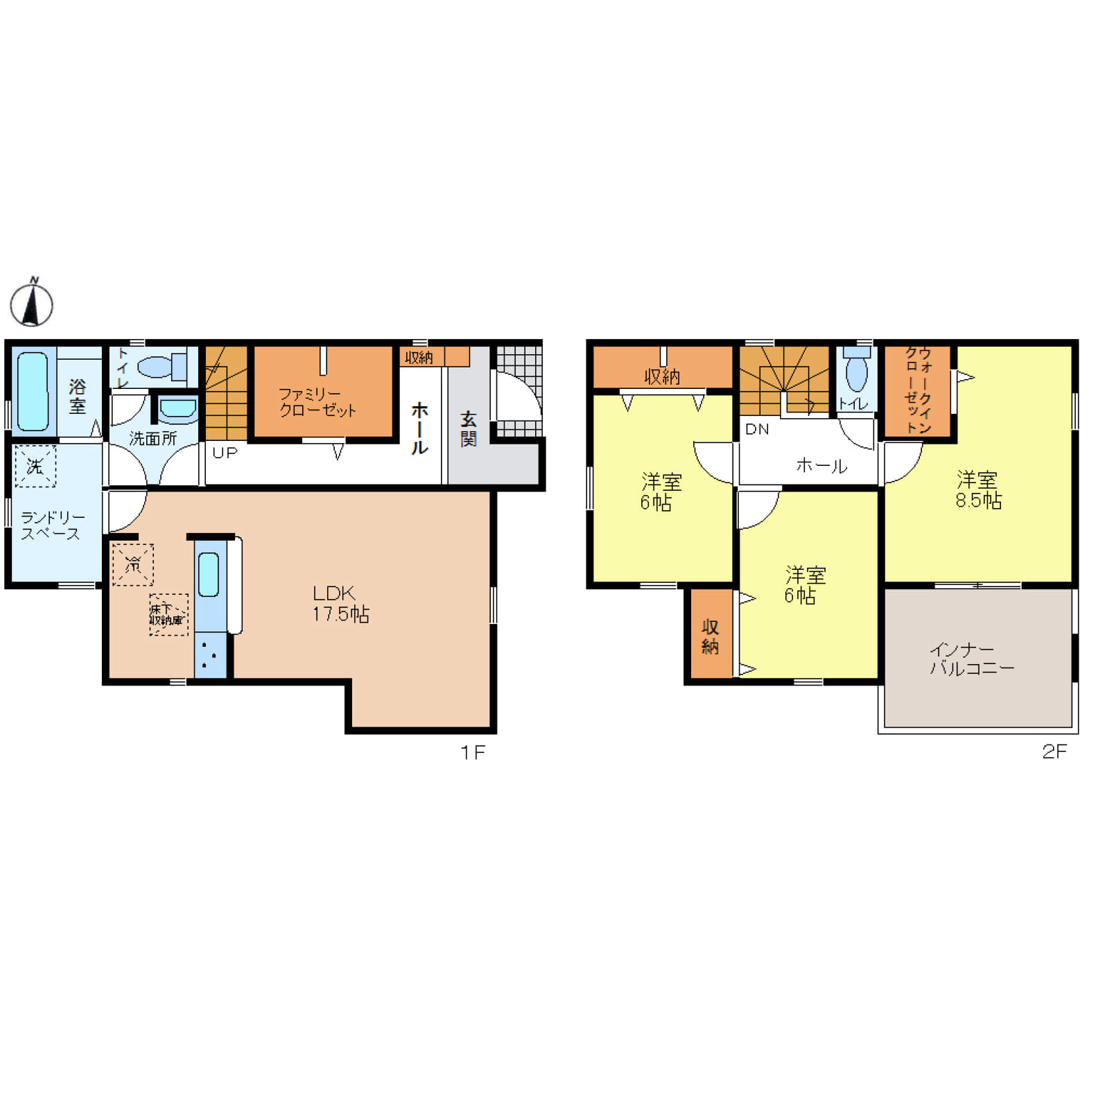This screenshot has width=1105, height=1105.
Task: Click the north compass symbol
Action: tap(31, 302)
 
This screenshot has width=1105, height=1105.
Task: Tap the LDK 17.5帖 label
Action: tap(340, 604)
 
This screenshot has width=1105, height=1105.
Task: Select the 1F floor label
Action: tap(473, 752)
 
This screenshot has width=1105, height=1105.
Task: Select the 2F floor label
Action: tap(1054, 751)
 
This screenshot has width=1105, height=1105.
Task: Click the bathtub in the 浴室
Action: tap(33, 391)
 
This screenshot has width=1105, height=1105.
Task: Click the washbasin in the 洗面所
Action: tap(178, 409)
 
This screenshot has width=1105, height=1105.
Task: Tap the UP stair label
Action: tap(225, 453)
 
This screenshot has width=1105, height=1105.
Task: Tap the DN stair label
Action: tap(757, 429)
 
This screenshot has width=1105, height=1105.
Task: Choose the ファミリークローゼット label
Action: tap(317, 402)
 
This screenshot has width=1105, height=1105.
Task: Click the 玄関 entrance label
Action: tap(469, 429)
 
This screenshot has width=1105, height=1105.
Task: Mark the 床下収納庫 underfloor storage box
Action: tap(168, 615)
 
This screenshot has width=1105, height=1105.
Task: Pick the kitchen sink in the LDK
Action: tap(209, 575)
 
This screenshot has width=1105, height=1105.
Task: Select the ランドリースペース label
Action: tap(53, 525)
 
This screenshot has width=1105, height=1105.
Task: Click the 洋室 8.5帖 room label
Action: tap(978, 489)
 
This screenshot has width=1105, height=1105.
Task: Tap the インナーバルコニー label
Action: tap(971, 659)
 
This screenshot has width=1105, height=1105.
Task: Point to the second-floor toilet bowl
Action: tap(857, 374)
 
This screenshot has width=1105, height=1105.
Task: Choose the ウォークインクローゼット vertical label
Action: tap(919, 390)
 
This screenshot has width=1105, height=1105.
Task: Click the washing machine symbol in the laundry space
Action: tap(35, 466)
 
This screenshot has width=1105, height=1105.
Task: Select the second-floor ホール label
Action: tap(821, 466)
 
